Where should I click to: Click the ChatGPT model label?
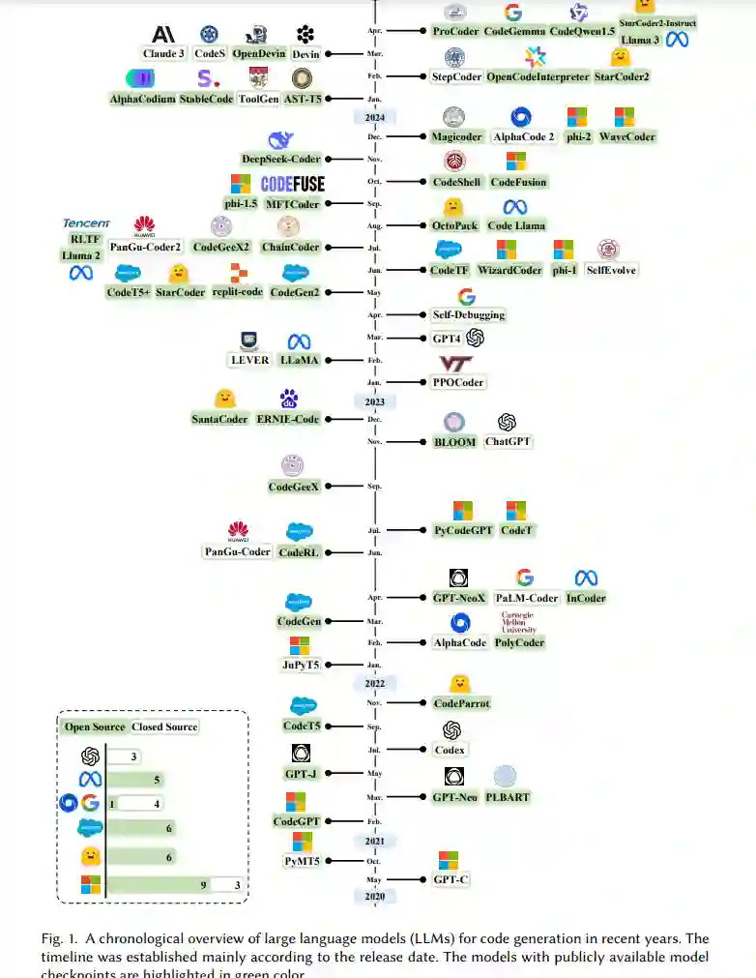coord(508,442)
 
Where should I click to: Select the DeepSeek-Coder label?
coord(280,159)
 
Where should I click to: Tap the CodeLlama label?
coord(515,225)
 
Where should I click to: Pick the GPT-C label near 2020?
coord(450,879)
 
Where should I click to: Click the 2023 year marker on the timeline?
coord(374,400)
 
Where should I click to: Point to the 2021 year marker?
coord(374,841)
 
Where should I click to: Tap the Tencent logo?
coord(87,223)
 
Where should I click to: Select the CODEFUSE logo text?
coord(292,184)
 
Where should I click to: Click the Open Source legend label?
coord(95,726)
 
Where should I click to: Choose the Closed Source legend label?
coord(164,726)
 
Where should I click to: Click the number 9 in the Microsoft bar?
coord(204,883)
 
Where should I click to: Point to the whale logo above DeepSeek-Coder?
coord(280,140)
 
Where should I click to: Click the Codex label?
coord(450,750)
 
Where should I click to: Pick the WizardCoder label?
coord(509,270)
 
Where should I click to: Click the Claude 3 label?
coord(162,54)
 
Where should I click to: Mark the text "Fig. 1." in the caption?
coord(59,939)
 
